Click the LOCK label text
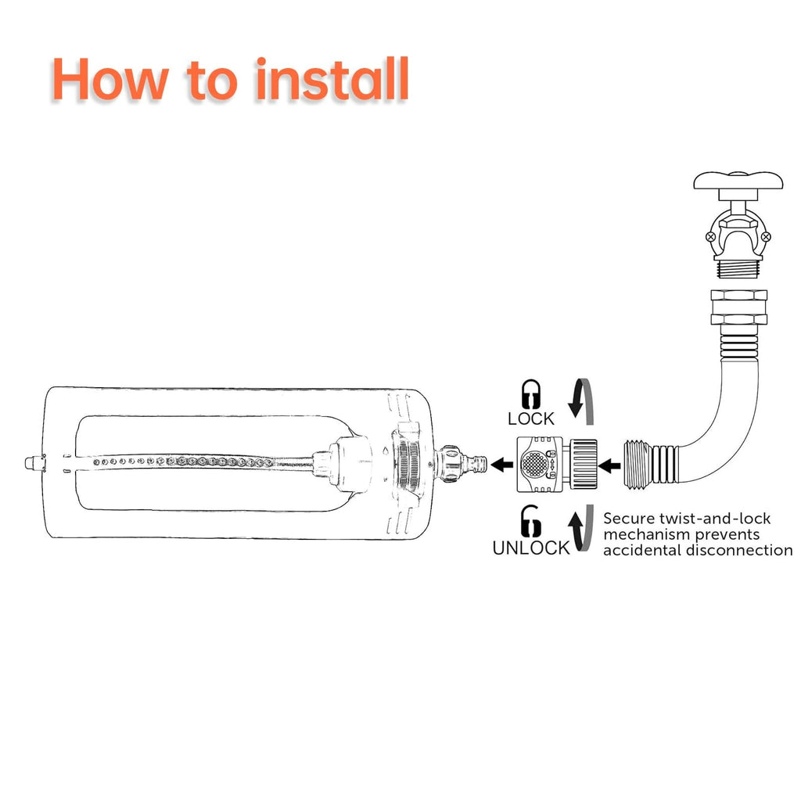tap(531, 419)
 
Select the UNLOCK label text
tap(531, 548)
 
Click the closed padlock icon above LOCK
tap(531, 394)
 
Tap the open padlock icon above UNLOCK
tap(530, 520)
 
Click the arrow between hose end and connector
tap(609, 465)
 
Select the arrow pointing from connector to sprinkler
tap(501, 465)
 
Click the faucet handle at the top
tap(738, 181)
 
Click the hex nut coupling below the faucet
tap(738, 307)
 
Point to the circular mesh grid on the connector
tap(533, 464)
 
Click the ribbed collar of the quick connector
tap(581, 465)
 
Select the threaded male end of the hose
tap(638, 463)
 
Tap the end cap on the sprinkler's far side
tap(34, 463)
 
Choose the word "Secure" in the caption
tap(629, 519)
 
